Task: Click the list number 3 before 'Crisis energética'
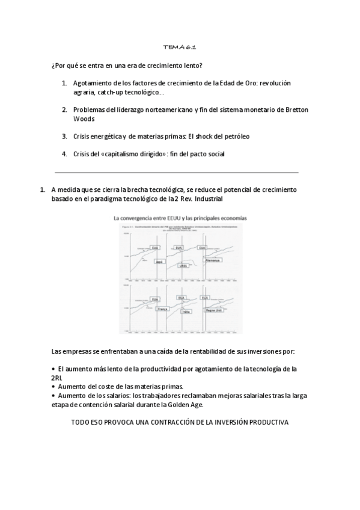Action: [x=64, y=137]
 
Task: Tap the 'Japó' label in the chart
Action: [x=160, y=262]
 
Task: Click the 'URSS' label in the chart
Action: [x=183, y=265]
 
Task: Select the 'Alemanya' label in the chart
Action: [x=212, y=260]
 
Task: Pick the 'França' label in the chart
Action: [x=161, y=309]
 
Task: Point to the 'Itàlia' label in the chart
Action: [x=186, y=312]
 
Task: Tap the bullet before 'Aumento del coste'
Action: [x=53, y=386]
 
